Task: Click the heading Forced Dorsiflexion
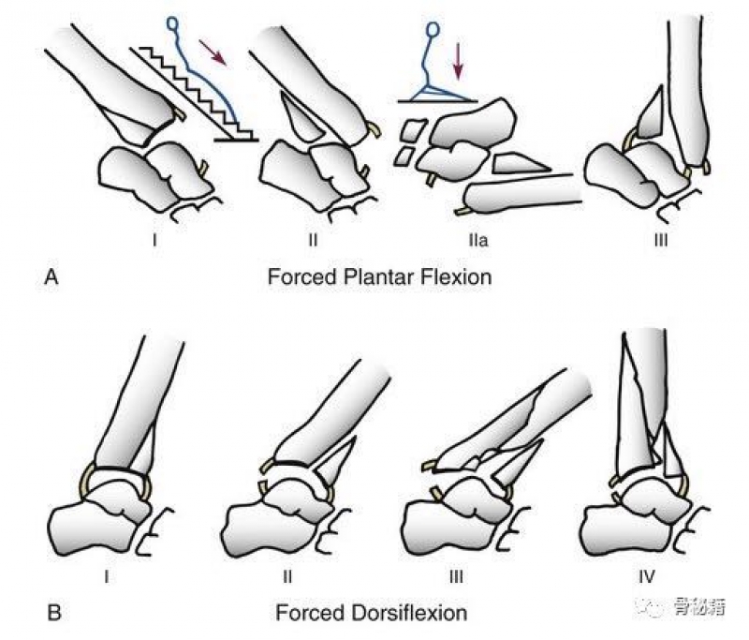(x=373, y=614)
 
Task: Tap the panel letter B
(x=53, y=614)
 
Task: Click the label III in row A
(x=661, y=240)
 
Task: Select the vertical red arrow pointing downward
(x=458, y=63)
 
